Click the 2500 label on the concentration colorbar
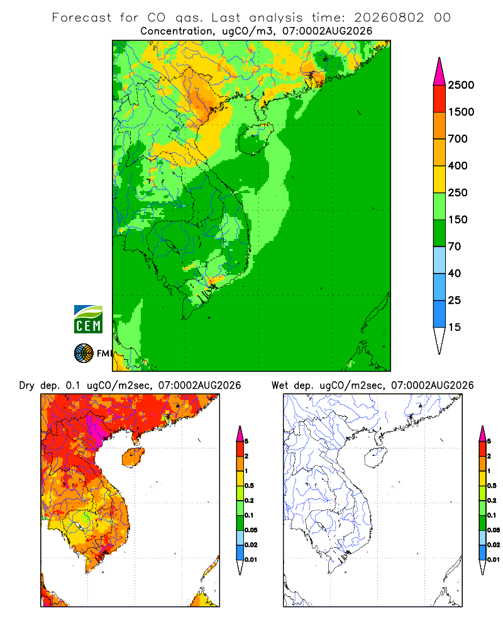click(461, 85)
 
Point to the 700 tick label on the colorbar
click(458, 139)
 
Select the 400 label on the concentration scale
click(458, 165)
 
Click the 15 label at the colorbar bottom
click(455, 327)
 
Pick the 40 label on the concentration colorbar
click(455, 274)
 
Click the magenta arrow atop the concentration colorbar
click(439, 72)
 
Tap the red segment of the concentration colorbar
click(439, 99)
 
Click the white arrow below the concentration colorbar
click(439, 341)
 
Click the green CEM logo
click(88, 320)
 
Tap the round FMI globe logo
click(84, 353)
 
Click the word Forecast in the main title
click(82, 18)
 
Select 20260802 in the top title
click(389, 18)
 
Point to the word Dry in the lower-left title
click(27, 386)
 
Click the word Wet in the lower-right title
click(279, 386)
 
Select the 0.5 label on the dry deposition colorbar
click(249, 486)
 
